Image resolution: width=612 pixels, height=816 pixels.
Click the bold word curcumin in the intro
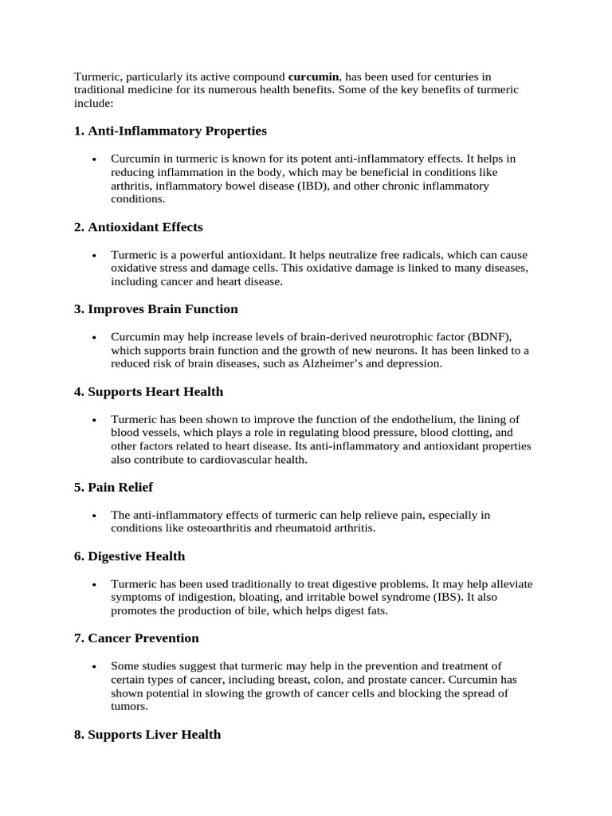pos(313,76)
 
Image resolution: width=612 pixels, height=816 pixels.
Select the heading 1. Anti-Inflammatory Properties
pos(171,130)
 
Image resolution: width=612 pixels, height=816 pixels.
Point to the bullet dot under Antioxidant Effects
pos(94,256)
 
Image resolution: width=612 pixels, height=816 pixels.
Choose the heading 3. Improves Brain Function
pos(156,308)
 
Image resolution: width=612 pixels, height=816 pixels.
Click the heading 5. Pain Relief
pos(113,487)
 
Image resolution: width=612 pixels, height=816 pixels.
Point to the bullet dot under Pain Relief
pos(94,516)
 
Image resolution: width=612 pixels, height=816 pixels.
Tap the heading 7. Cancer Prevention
pos(136,638)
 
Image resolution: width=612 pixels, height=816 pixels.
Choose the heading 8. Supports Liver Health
pos(147,734)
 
